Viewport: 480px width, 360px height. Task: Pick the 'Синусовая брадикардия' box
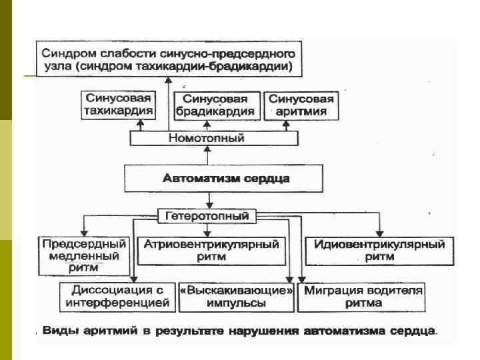(x=215, y=105)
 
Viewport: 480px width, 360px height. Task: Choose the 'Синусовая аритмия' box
(x=301, y=105)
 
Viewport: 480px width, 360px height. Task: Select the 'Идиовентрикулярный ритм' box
(x=375, y=250)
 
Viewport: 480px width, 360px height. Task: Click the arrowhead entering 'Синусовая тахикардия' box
(x=140, y=123)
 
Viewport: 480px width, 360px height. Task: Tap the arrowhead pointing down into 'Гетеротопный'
(x=209, y=205)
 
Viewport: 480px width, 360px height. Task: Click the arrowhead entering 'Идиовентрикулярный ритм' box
(x=379, y=231)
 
